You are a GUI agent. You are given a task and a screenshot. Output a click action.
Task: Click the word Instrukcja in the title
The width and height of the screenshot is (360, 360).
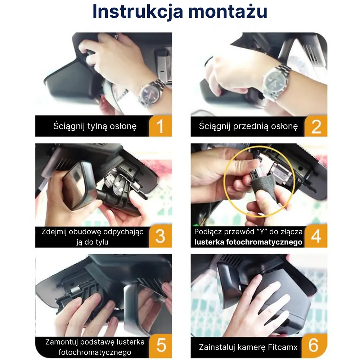pyautogui.click(x=138, y=12)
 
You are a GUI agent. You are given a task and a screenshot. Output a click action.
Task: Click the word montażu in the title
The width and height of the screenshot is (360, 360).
pyautogui.click(x=228, y=12)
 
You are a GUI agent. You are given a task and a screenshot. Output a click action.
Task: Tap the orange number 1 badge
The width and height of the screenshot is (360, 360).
pyautogui.click(x=161, y=126)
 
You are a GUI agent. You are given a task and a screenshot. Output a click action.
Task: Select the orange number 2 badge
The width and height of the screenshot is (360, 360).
pyautogui.click(x=316, y=126)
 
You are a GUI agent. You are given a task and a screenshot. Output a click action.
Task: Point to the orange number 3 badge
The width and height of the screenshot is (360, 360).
pyautogui.click(x=161, y=236)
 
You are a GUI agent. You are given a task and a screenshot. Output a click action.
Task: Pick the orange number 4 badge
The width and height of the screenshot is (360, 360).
pyautogui.click(x=316, y=236)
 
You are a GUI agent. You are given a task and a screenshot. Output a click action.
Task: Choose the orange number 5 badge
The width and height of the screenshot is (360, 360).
pyautogui.click(x=161, y=346)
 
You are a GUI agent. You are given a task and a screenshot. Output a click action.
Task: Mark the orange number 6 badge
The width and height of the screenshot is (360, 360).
pyautogui.click(x=315, y=346)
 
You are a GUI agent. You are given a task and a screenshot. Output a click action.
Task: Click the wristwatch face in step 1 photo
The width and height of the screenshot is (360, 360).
pyautogui.click(x=150, y=94)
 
